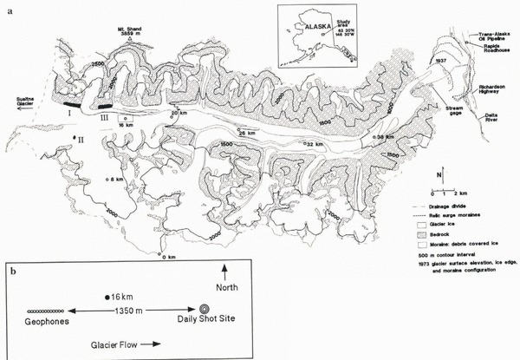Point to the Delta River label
pos(490,124)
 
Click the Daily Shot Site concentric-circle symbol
pos(205,309)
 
